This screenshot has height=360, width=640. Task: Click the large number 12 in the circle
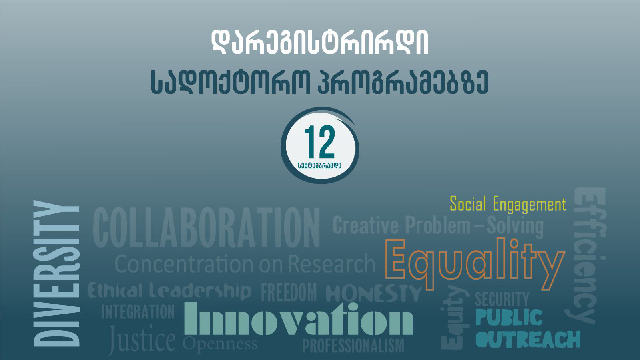point(319,142)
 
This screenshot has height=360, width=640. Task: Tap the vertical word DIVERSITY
point(56,274)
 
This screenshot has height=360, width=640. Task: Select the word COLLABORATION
point(206,227)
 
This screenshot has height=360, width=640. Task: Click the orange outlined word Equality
point(475,263)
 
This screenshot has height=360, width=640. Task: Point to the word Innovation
point(299,318)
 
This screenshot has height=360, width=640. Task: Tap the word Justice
point(142,340)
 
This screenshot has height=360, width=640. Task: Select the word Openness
point(220,344)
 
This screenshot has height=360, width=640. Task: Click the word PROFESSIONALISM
point(353,346)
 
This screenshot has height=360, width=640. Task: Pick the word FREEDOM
point(289,292)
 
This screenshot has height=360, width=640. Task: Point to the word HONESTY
point(374,294)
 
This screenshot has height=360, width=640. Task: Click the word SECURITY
point(502,299)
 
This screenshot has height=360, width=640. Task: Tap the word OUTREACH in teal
point(528,340)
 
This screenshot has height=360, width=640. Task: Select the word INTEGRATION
point(138,312)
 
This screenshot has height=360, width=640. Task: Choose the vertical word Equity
point(455,318)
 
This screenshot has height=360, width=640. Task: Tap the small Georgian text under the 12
point(319,165)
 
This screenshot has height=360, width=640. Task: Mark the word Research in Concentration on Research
point(331,264)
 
